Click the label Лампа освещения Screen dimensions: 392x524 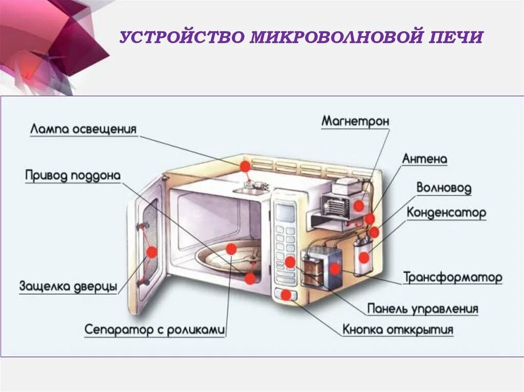pyautogui.click(x=83, y=128)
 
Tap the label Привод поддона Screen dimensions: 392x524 pyautogui.click(x=73, y=176)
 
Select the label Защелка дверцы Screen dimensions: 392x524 pyautogui.click(x=68, y=286)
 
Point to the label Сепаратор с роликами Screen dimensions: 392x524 pyautogui.click(x=155, y=330)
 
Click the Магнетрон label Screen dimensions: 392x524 pyautogui.click(x=355, y=122)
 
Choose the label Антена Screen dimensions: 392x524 pyautogui.click(x=425, y=159)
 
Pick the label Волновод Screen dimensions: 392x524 pyautogui.click(x=444, y=188)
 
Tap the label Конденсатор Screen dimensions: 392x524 pyautogui.click(x=446, y=213)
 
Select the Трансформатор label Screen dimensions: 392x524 pyautogui.click(x=452, y=278)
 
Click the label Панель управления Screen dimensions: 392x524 pyautogui.click(x=422, y=309)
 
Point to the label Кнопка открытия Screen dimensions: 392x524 pyautogui.click(x=398, y=330)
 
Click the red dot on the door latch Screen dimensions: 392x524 pyautogui.click(x=151, y=251)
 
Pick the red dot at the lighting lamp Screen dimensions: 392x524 pyautogui.click(x=245, y=166)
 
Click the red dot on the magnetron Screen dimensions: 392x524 pyautogui.click(x=359, y=205)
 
